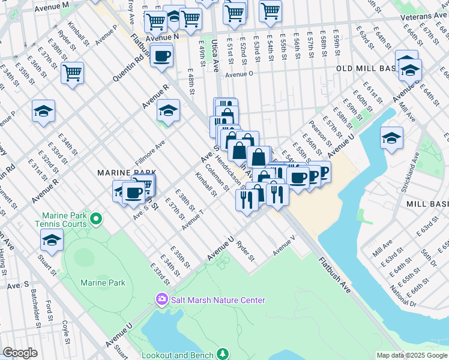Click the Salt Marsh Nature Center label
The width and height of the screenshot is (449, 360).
point(217,300)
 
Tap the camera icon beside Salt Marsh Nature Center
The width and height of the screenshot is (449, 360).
point(161,299)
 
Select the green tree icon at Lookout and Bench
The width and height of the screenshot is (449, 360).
point(223,355)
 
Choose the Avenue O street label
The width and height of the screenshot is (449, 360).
point(240,74)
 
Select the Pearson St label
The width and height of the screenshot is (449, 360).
point(316,135)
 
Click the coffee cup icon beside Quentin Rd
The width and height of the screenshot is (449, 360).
point(161,57)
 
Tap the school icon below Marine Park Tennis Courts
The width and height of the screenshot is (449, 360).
point(52,240)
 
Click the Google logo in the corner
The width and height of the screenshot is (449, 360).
point(20,353)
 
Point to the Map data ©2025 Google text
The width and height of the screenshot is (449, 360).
point(411,355)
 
